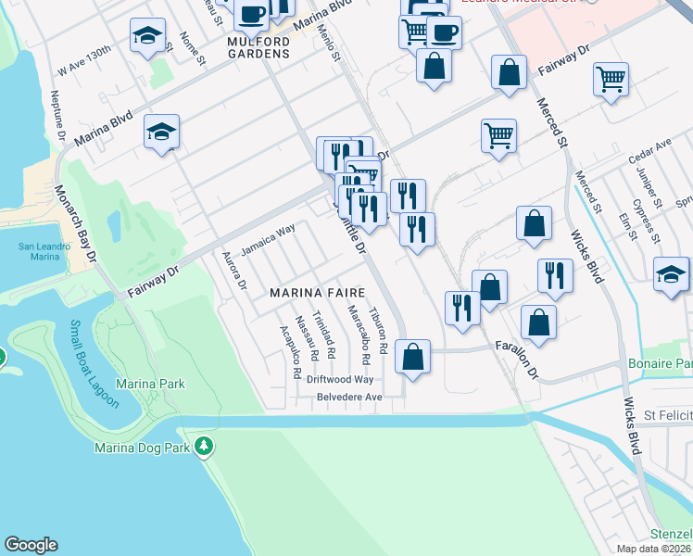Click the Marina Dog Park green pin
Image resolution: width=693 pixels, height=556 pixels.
(204, 448)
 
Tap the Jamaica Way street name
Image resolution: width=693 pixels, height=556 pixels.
(268, 239)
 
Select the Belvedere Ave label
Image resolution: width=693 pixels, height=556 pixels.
(349, 397)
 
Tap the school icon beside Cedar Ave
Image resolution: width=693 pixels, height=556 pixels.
(671, 273)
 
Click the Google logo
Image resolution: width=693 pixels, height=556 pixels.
(31, 544)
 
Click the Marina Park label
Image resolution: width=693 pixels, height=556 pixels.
(150, 384)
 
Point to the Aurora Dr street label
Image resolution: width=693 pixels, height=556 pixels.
(233, 272)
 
